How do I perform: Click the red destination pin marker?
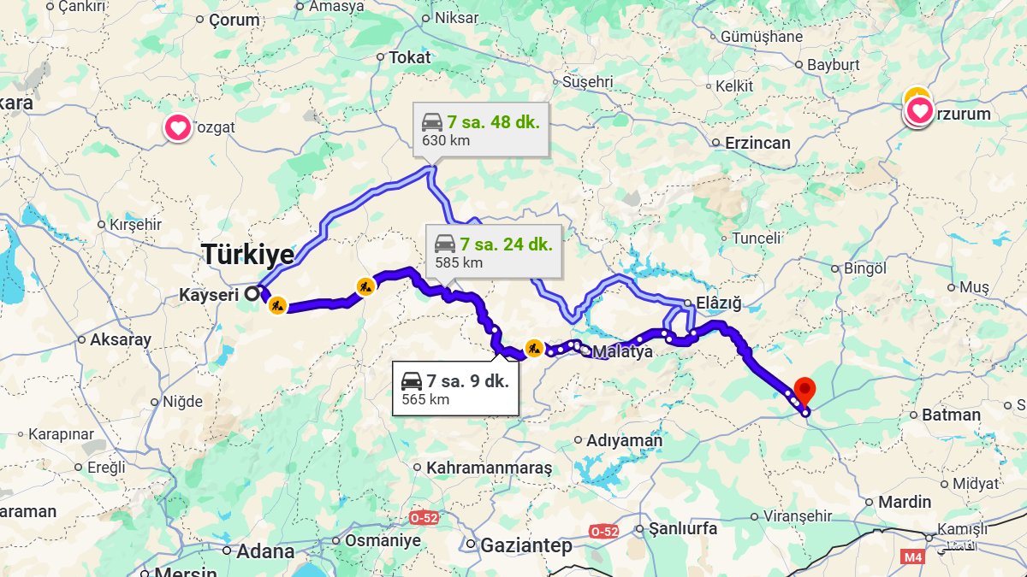click(804, 389)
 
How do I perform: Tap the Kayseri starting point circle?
click(251, 294)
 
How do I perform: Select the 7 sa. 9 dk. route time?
click(467, 380)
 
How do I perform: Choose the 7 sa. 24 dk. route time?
click(506, 244)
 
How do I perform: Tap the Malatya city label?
click(622, 351)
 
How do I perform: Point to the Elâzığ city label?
click(717, 303)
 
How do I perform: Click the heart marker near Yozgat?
click(178, 128)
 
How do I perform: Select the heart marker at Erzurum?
click(919, 110)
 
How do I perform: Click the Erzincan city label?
click(757, 143)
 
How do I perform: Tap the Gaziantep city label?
click(525, 545)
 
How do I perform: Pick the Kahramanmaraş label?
click(489, 468)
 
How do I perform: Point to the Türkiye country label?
click(247, 254)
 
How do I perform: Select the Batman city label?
click(951, 415)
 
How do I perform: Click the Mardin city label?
click(904, 502)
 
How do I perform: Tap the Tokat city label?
click(410, 57)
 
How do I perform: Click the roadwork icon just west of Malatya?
click(534, 348)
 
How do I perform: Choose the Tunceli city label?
click(757, 238)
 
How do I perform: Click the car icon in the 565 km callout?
click(412, 380)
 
